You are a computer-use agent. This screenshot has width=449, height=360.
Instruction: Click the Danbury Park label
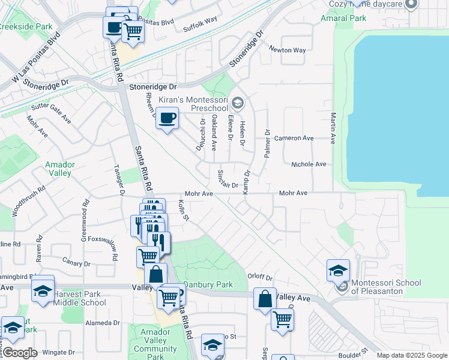pyautogui.click(x=208, y=284)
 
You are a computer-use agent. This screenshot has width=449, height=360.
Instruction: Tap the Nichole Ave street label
pyautogui.click(x=309, y=164)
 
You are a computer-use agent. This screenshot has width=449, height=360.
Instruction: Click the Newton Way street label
pyautogui.click(x=287, y=50)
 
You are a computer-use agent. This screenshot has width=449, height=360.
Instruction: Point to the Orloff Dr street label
pyautogui.click(x=260, y=278)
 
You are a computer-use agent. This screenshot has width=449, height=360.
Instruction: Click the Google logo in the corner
pyautogui.click(x=20, y=352)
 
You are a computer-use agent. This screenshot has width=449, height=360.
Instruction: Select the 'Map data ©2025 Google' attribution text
pyautogui.click(x=412, y=355)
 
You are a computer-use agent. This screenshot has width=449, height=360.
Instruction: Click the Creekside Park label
pyautogui.click(x=25, y=27)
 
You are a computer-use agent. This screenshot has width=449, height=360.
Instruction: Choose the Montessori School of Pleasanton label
pyautogui.click(x=386, y=287)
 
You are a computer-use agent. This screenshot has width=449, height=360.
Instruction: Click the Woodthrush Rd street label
pyautogui.click(x=29, y=202)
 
